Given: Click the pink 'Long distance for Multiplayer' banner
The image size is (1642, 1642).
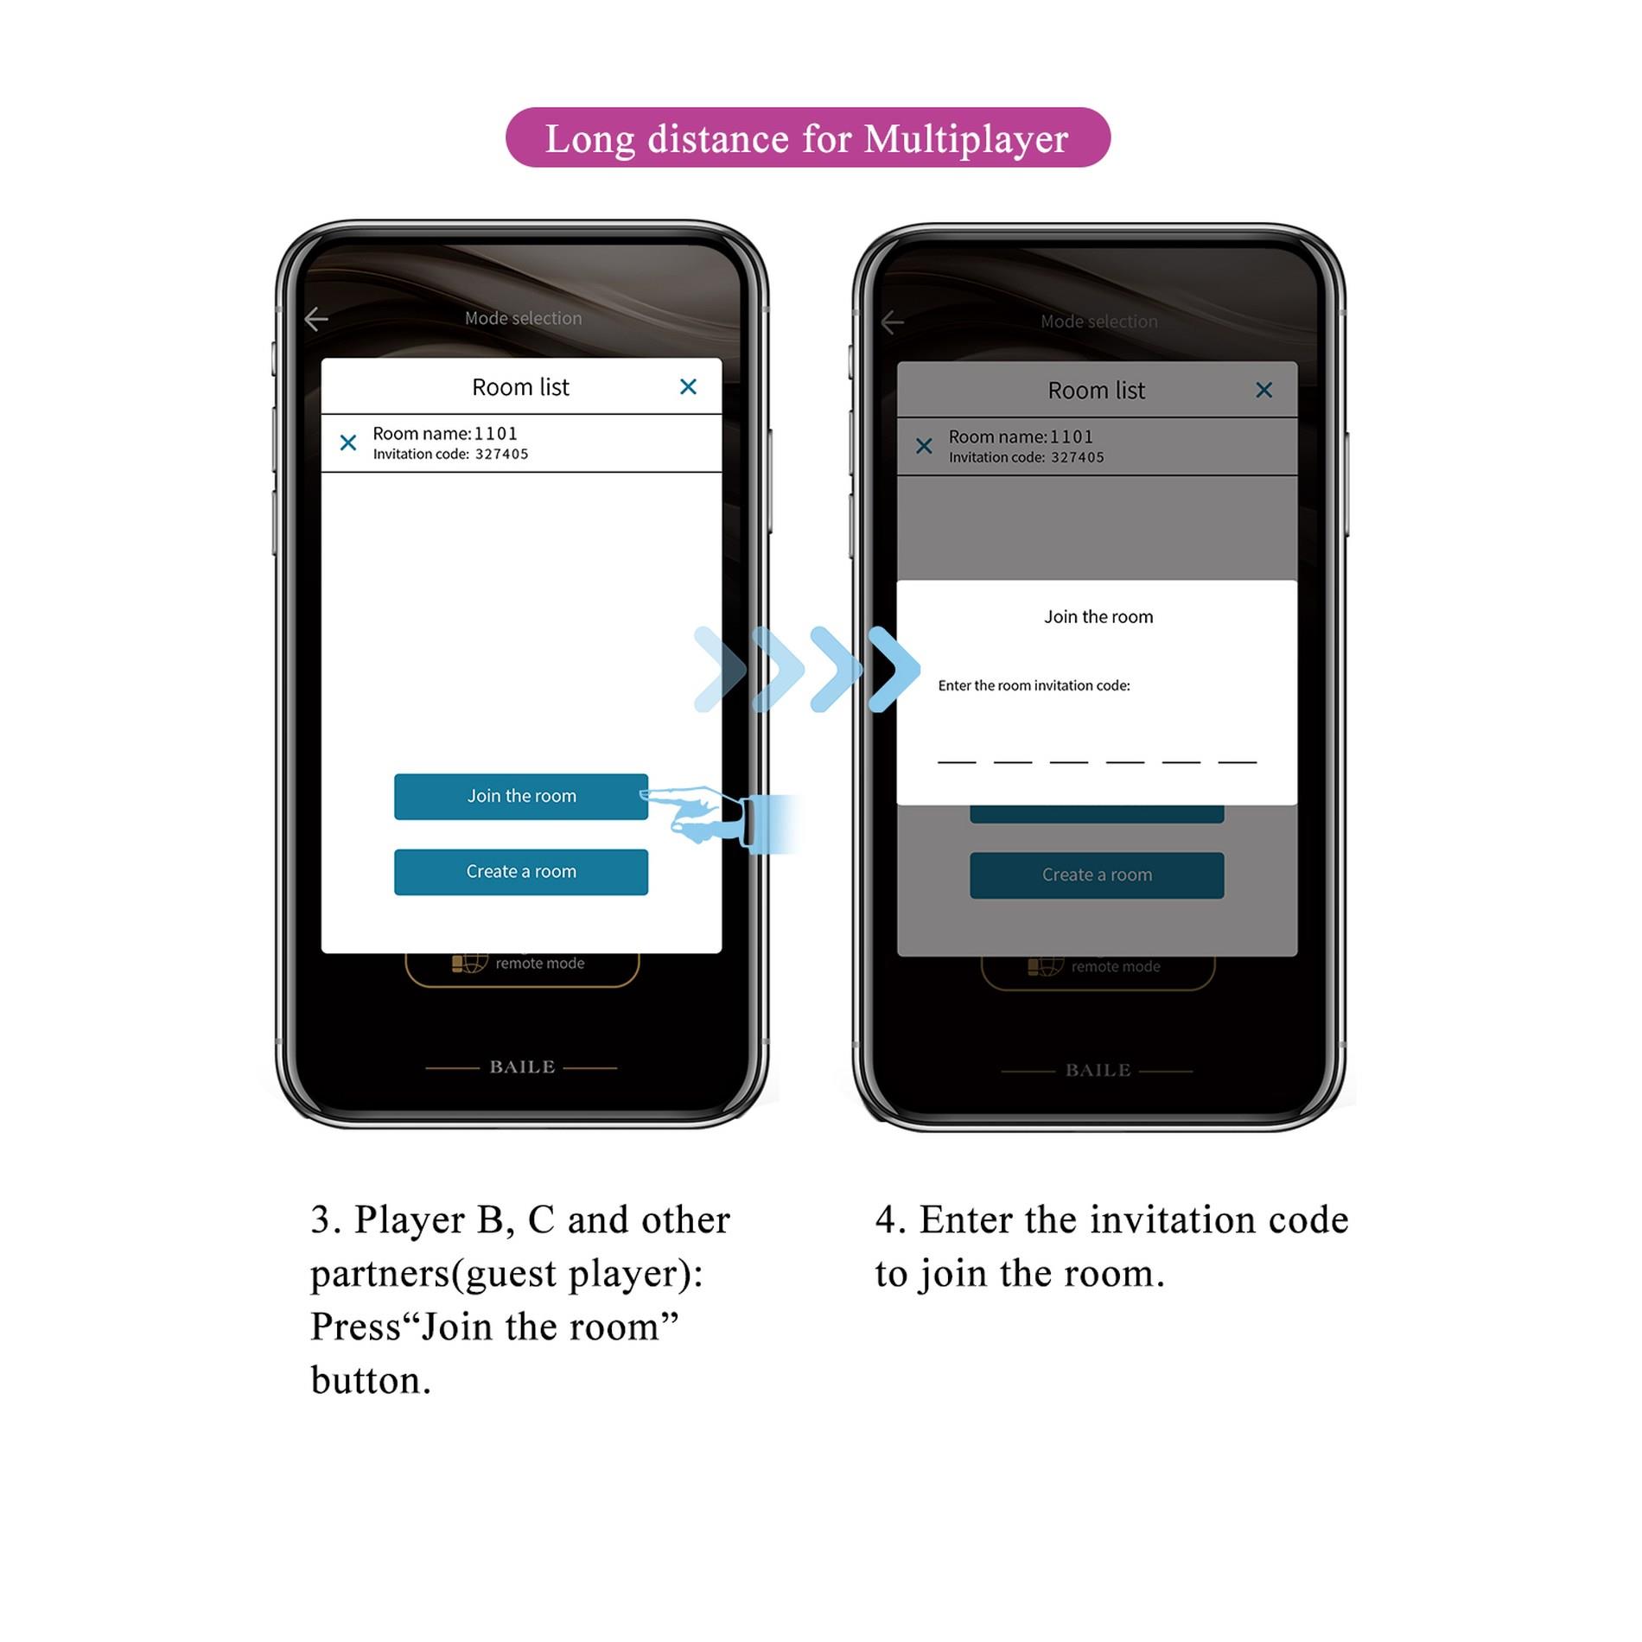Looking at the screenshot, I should click(x=807, y=138).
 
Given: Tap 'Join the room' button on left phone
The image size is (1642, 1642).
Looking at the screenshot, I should click(x=520, y=796).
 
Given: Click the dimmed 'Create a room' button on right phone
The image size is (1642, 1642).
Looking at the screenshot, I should click(x=1097, y=875).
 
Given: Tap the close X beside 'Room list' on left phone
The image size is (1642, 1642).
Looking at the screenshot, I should click(x=688, y=386).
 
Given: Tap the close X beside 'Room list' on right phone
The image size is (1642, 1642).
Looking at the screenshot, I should click(x=1263, y=390).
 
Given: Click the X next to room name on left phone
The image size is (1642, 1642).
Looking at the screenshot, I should click(x=348, y=443).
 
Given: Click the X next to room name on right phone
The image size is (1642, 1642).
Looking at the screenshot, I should click(x=924, y=446).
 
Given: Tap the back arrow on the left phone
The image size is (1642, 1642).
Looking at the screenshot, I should click(x=316, y=319).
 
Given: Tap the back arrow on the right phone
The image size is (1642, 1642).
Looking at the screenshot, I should click(x=892, y=322).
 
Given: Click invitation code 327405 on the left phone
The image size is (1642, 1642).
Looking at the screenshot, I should click(x=501, y=455).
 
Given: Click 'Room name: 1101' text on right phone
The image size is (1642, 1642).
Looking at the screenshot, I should click(x=1021, y=436).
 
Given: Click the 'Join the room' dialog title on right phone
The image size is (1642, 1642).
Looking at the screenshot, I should click(x=1098, y=616).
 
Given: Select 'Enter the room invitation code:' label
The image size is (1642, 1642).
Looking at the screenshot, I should click(x=1034, y=685).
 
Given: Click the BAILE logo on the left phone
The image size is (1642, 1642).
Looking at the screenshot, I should click(x=522, y=1067).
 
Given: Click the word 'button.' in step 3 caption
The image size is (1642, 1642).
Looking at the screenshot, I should click(x=371, y=1380).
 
